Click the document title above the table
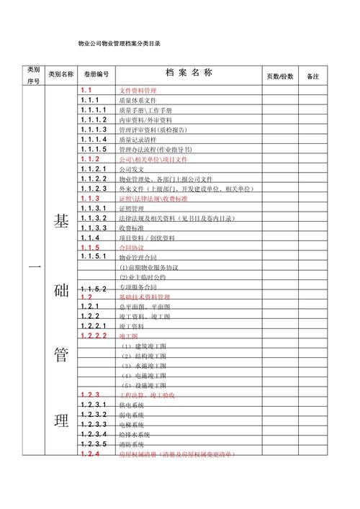119,44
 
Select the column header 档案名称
189,73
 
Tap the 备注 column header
313,76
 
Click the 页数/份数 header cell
281,76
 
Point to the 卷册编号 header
96,74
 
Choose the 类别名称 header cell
60,74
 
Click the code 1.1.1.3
94,130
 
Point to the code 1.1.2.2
94,179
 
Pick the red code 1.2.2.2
94,335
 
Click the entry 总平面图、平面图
144,306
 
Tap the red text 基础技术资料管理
145,297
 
